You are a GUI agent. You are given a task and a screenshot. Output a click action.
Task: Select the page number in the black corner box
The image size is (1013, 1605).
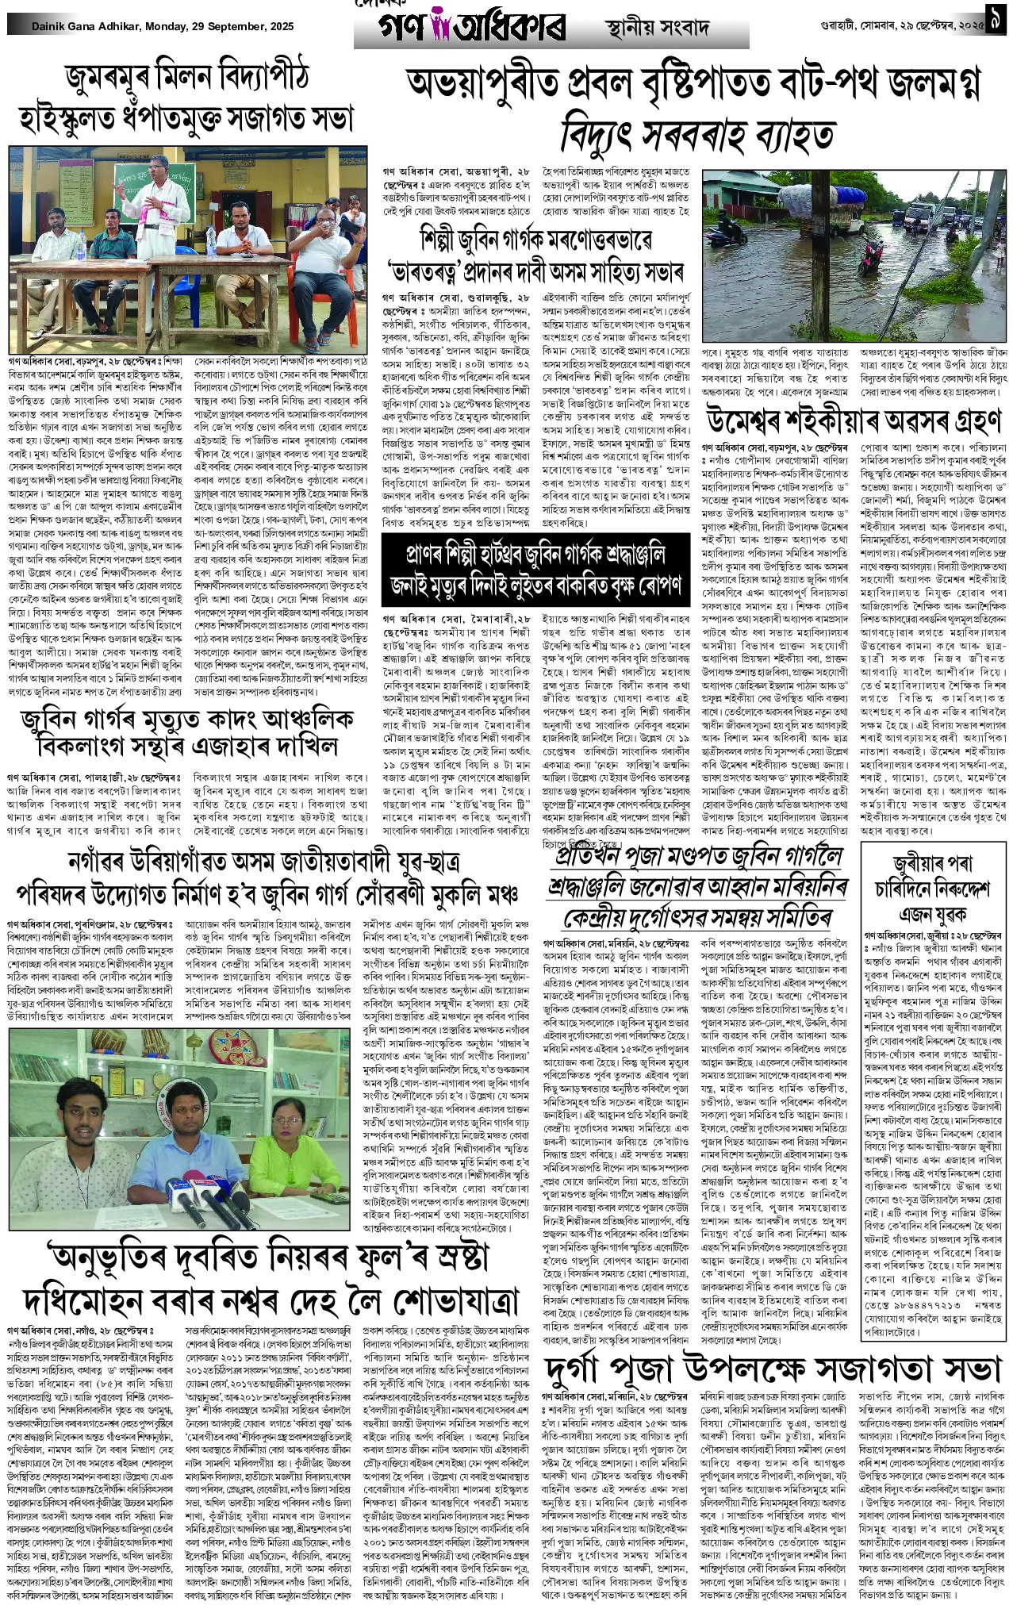click(x=997, y=25)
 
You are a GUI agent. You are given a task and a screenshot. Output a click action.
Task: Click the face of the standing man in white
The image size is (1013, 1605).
click(x=155, y=168)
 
